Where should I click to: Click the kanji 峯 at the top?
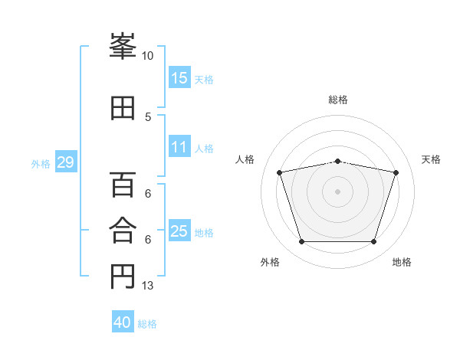(x=123, y=47)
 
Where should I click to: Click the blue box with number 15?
(x=179, y=78)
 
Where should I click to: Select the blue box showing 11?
(x=179, y=148)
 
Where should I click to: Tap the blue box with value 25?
(x=179, y=232)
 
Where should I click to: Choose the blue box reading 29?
(x=65, y=163)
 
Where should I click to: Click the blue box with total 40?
(x=123, y=322)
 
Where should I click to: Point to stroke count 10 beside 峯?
(x=147, y=56)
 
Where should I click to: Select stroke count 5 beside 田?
(x=148, y=116)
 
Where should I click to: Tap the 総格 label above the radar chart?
(x=338, y=100)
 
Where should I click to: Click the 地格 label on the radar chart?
(x=402, y=263)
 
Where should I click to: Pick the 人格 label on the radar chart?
(x=245, y=159)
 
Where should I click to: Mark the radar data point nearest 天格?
(x=396, y=172)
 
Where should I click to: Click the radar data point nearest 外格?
(x=301, y=242)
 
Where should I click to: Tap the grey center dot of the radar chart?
(x=338, y=191)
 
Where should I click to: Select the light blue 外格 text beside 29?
(x=40, y=164)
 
